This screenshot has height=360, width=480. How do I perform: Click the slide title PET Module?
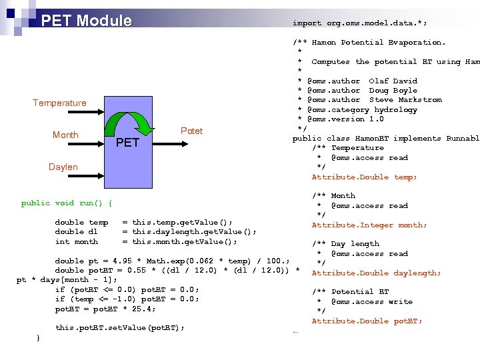tap(86, 21)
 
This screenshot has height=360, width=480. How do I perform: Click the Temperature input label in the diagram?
tap(59, 103)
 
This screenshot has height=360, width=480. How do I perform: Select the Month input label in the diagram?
tap(65, 135)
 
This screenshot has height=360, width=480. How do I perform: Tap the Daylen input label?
tap(63, 167)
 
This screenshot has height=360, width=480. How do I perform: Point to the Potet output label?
tap(191, 131)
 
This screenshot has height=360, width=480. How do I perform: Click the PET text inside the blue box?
tap(127, 143)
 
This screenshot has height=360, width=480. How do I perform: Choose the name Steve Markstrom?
tap(405, 100)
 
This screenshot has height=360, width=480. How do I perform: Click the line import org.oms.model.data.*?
tap(359, 23)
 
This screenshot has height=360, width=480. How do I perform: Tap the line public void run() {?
tap(67, 203)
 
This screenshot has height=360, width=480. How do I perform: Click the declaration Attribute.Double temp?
tap(364, 177)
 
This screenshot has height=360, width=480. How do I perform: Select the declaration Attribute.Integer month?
tap(369, 225)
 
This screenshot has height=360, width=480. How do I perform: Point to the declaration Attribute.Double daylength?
tap(376, 273)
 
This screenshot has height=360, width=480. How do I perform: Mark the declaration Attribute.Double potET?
tap(367, 321)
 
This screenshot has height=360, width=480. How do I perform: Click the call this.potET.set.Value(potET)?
tap(119, 327)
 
